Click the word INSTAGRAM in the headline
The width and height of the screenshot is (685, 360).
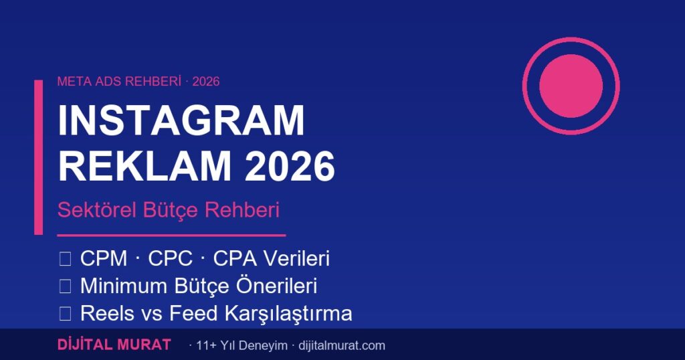[181, 121]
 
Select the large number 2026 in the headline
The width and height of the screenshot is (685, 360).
[289, 167]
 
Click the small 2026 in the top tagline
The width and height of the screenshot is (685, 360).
[206, 82]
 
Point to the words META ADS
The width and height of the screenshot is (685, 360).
[84, 82]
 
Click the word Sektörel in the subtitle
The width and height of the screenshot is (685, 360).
[98, 209]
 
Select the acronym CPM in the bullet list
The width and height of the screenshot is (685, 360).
[104, 259]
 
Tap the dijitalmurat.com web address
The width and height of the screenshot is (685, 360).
[339, 346]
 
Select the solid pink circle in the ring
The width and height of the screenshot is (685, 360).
[571, 86]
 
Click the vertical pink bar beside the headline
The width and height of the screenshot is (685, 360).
[38, 157]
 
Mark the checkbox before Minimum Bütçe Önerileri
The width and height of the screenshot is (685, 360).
[65, 286]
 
